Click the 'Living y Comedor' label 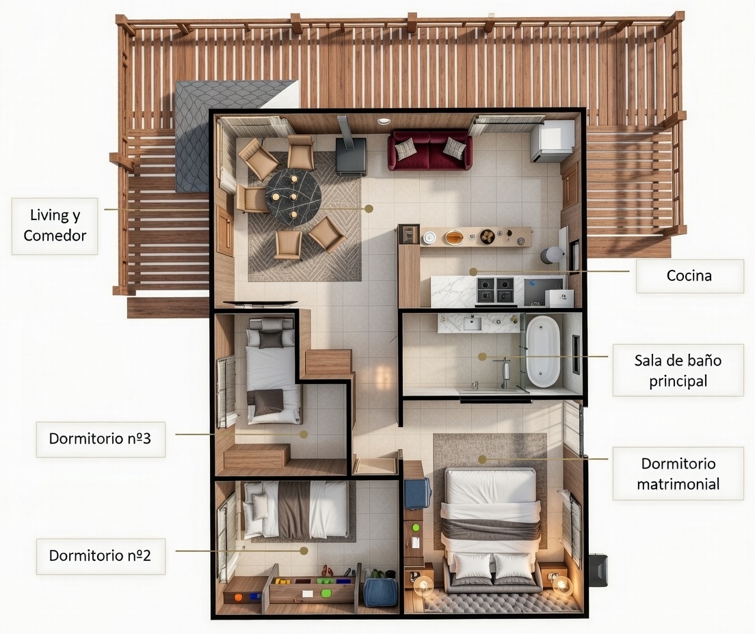pos(55,225)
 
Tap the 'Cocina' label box pos(689,276)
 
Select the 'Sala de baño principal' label pos(677,370)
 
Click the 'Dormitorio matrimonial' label pos(677,473)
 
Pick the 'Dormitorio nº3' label pos(100,439)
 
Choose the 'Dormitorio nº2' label pos(100,555)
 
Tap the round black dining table pos(293,196)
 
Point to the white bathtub pos(543,350)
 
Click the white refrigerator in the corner pos(552,141)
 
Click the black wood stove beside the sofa pos(350,157)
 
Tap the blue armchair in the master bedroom pos(417,493)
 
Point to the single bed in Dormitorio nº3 pos(273,372)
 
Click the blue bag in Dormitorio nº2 pos(380,592)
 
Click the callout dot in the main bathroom pos(482,357)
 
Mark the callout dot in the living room pos(369,208)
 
